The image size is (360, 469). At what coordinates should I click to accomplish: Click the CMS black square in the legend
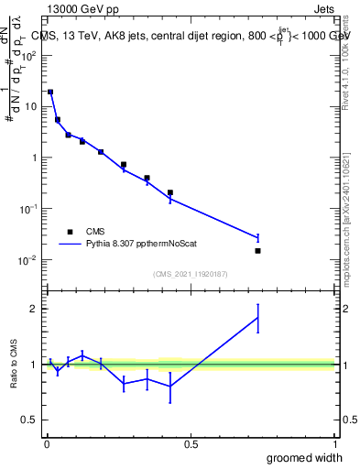[70, 232]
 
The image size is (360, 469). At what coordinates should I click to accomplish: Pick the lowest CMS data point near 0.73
[257, 250]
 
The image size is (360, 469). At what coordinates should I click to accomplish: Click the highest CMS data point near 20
[50, 92]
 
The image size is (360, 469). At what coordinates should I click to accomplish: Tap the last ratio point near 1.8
[257, 318]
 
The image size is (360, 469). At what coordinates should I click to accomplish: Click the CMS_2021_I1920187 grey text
[191, 273]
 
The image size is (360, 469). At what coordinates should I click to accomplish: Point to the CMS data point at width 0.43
[170, 192]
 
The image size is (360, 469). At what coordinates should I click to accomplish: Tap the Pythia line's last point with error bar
[257, 237]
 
